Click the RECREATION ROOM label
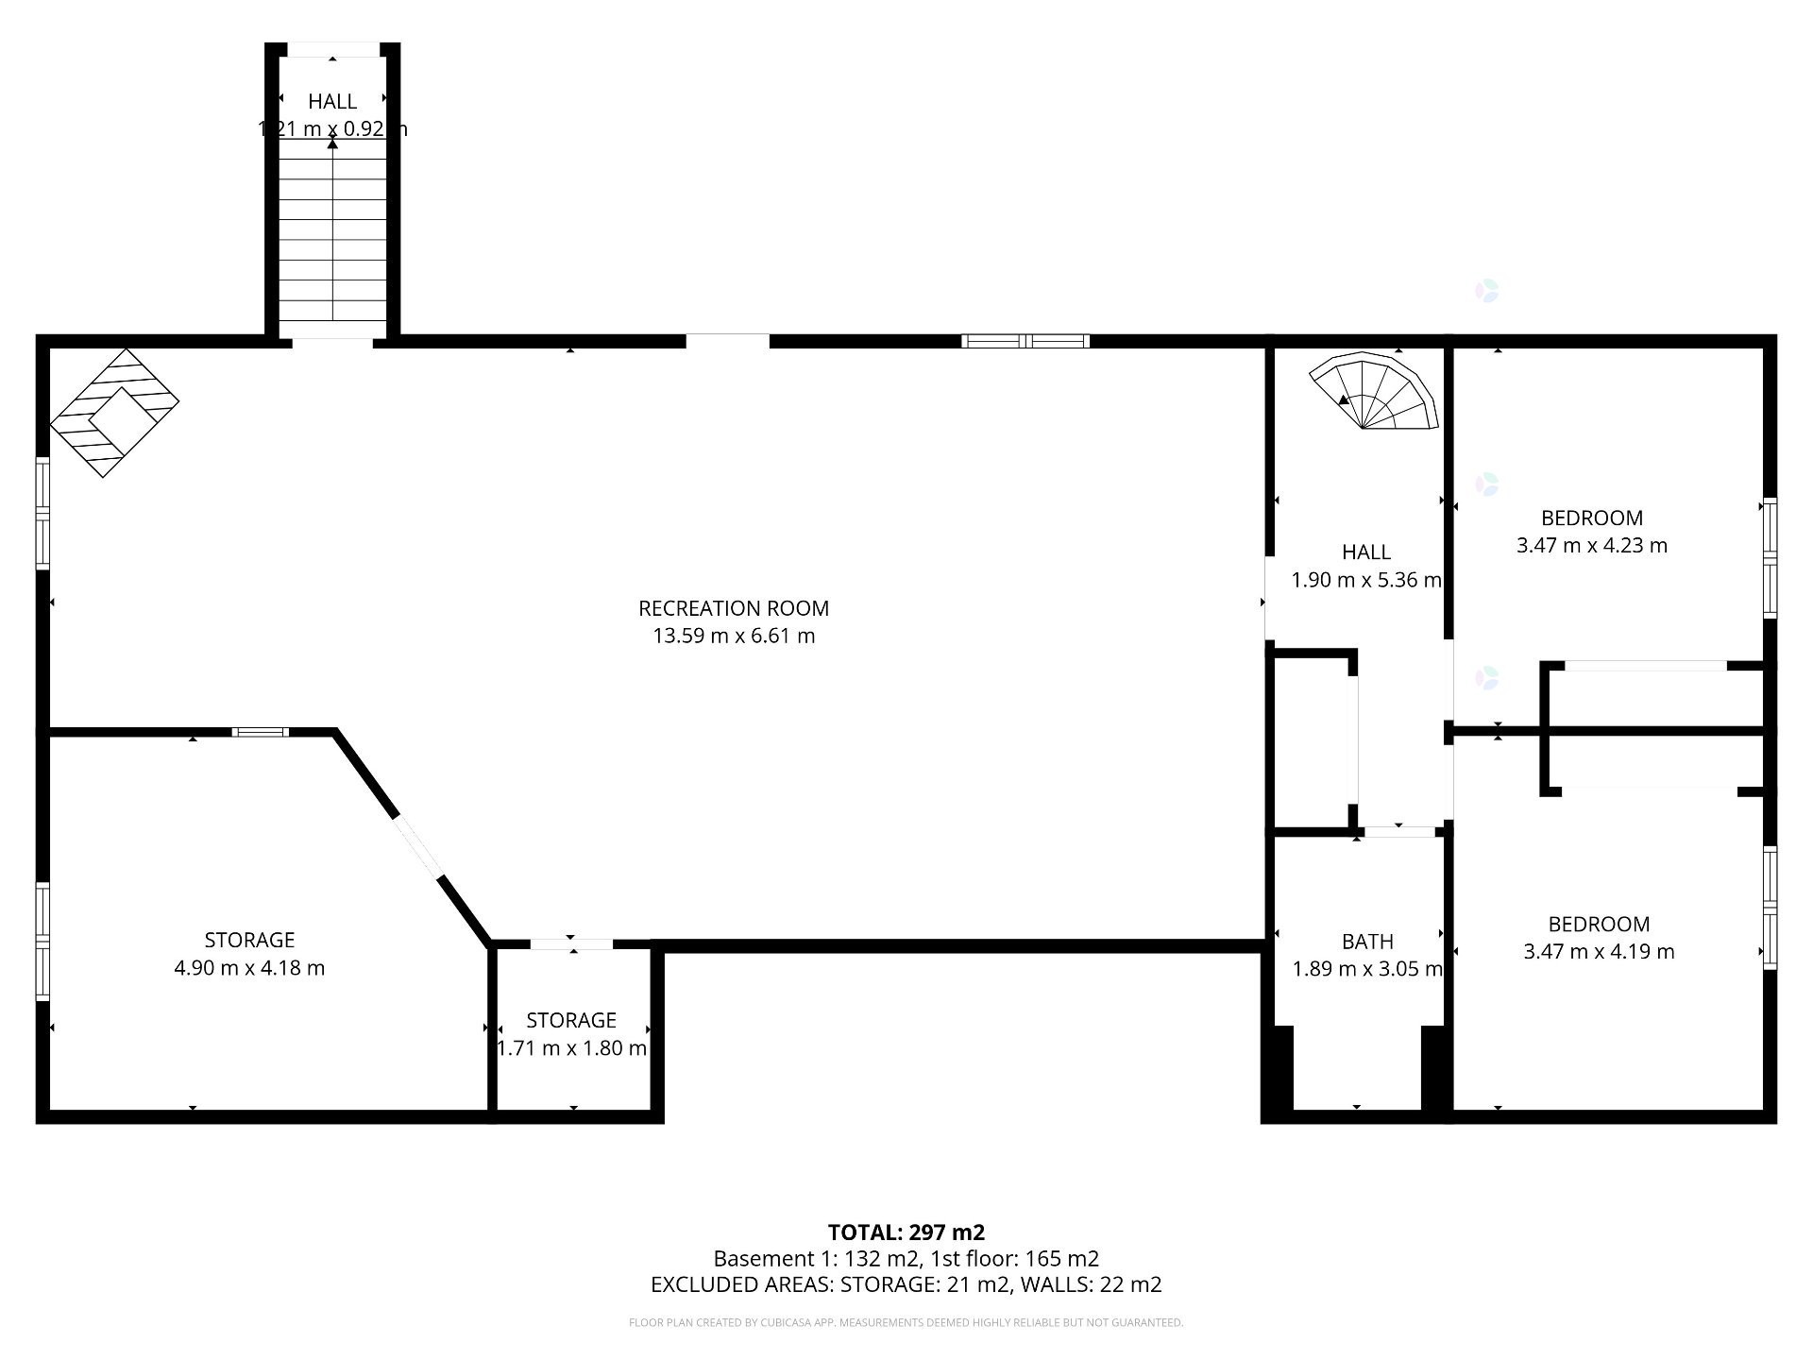tap(734, 608)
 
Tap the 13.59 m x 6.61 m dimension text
tap(734, 636)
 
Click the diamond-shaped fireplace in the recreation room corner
tap(114, 413)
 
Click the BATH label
tap(1366, 942)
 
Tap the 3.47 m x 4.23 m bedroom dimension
tap(1591, 545)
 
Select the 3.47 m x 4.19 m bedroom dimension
tap(1598, 951)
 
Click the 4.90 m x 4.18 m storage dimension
tap(249, 968)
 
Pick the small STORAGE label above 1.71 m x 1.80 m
tap(570, 1020)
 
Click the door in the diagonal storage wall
tap(418, 847)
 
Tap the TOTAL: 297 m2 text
tap(906, 1232)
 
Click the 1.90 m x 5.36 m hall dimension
tap(1365, 580)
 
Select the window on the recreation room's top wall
tap(1025, 341)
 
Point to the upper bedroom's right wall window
tap(1770, 558)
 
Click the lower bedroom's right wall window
tap(1770, 908)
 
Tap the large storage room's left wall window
tap(42, 941)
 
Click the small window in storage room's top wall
tap(262, 731)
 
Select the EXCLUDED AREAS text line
tap(906, 1284)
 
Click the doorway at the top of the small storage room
tap(571, 943)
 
